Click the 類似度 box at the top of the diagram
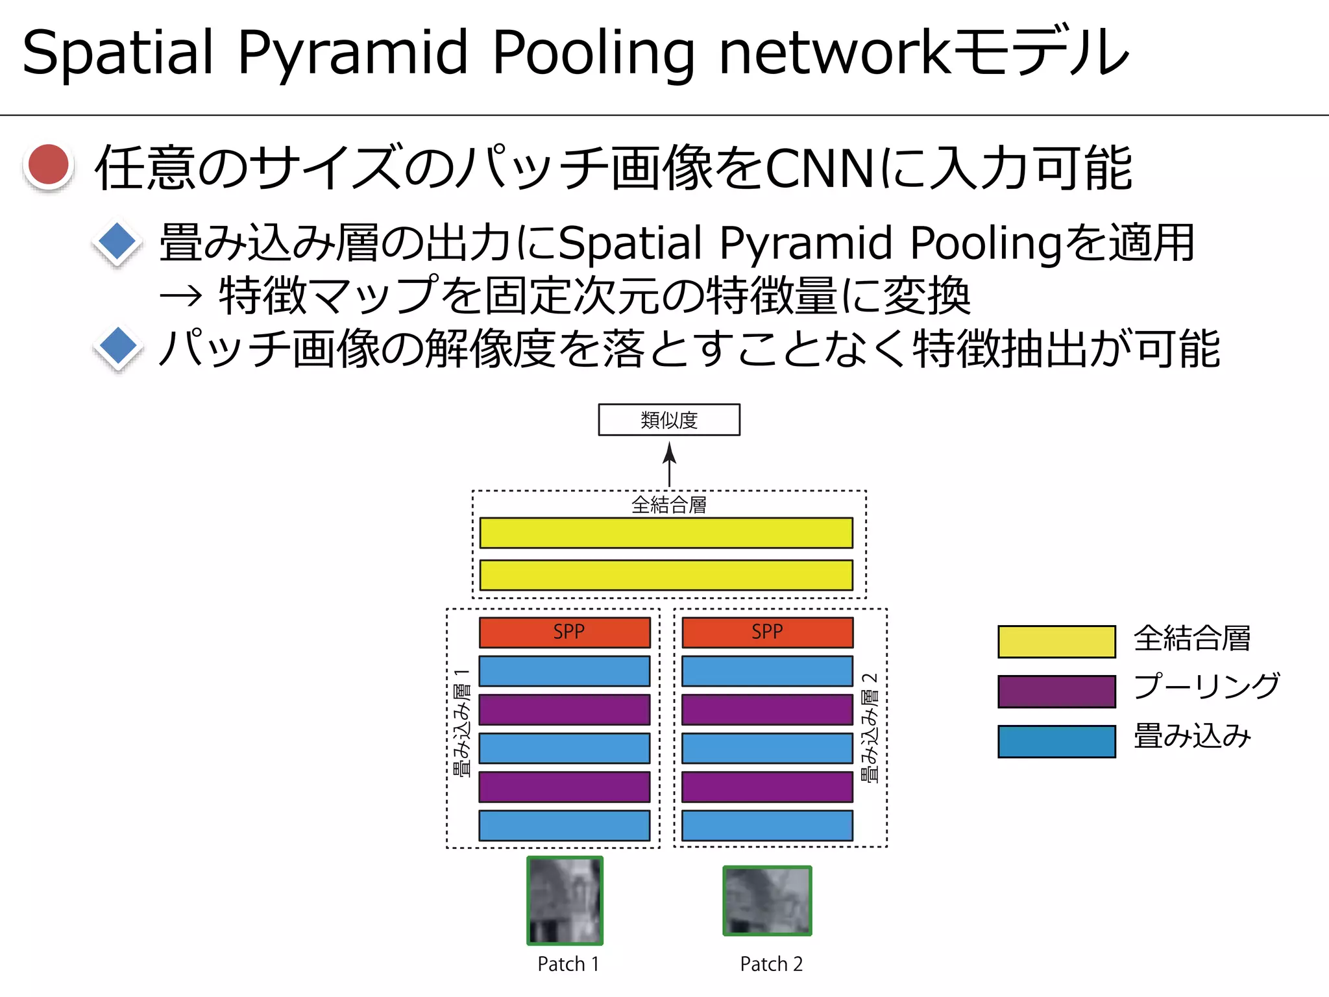point(669,420)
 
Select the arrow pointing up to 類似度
point(669,463)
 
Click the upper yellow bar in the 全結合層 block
point(666,533)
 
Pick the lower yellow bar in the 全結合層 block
point(666,575)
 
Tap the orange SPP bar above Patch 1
point(565,632)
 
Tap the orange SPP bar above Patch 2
point(767,632)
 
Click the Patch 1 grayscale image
point(565,900)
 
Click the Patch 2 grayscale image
point(767,901)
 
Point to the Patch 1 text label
point(568,964)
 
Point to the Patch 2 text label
point(771,964)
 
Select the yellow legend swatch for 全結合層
point(1056,641)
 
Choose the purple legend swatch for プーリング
point(1056,691)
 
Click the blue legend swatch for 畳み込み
point(1056,741)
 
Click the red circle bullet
point(49,166)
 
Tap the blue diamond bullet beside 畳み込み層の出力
point(117,242)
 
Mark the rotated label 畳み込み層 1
point(461,723)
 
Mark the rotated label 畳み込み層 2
point(870,727)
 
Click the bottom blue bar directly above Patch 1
point(565,825)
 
